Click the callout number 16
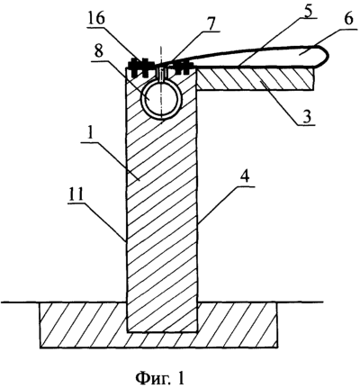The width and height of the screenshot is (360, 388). pyautogui.click(x=96, y=19)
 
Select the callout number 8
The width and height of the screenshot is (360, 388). pyautogui.click(x=99, y=53)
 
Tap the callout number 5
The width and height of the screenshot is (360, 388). pyautogui.click(x=309, y=12)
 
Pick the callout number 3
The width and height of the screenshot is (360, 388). pyautogui.click(x=306, y=117)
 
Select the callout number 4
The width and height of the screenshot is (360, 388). pyautogui.click(x=245, y=178)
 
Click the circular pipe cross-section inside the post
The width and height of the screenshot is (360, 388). pyautogui.click(x=161, y=99)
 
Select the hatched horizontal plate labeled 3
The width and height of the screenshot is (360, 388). pyautogui.click(x=256, y=78)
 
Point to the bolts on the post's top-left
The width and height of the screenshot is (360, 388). pyautogui.click(x=139, y=67)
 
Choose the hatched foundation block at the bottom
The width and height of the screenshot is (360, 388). pyautogui.click(x=158, y=325)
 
